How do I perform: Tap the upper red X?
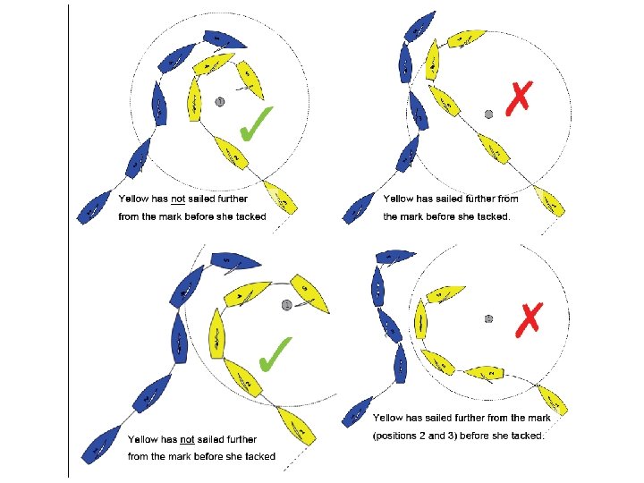[x=518, y=98]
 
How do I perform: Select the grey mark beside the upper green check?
[x=219, y=102]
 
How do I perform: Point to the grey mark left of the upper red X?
[x=488, y=114]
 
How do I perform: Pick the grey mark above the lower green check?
[x=286, y=305]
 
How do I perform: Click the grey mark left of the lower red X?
[x=488, y=318]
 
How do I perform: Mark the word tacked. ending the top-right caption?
[x=494, y=216]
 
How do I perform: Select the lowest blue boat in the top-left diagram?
[x=95, y=208]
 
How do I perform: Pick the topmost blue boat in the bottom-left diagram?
[x=235, y=261]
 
